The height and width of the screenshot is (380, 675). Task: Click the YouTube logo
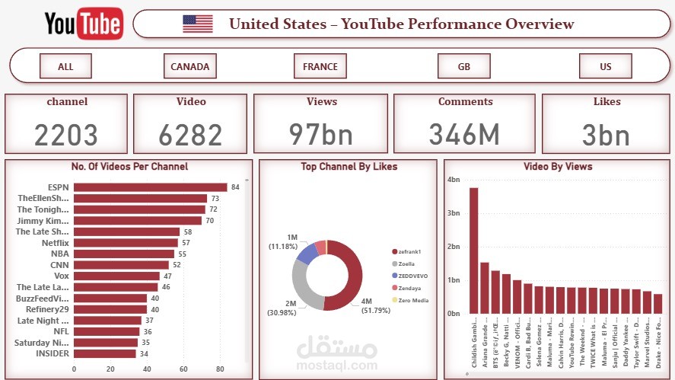point(83,24)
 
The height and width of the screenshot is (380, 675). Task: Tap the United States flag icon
point(198,24)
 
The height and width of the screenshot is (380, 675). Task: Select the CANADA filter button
point(189,66)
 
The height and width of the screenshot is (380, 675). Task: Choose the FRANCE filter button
point(320,66)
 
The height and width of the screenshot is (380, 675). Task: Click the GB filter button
point(463,66)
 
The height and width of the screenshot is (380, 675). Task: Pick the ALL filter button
point(65,66)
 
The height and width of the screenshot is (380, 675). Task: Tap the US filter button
point(605,66)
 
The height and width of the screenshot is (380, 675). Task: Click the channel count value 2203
point(66,136)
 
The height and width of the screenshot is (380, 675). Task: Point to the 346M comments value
point(464,135)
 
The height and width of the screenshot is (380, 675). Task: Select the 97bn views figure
point(321,135)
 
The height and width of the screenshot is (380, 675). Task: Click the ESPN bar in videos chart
point(150,187)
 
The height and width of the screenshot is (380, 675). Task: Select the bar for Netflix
point(126,243)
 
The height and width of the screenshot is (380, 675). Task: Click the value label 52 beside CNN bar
point(177,265)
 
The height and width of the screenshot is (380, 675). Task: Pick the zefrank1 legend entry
point(409,251)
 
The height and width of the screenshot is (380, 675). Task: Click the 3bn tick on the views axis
point(454,213)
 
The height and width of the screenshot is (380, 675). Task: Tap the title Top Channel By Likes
point(349,166)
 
